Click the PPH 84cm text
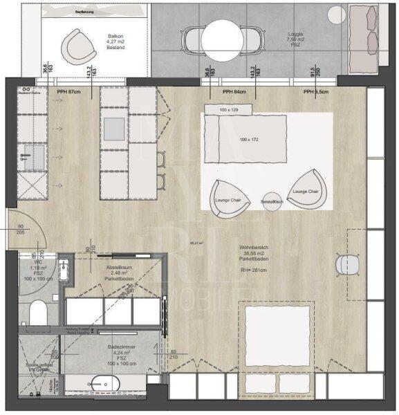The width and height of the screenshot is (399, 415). point(234,92)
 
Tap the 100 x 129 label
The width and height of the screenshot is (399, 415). point(228,111)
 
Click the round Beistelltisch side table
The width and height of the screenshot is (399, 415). point(272,201)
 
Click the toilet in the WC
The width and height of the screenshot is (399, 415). point(39,313)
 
